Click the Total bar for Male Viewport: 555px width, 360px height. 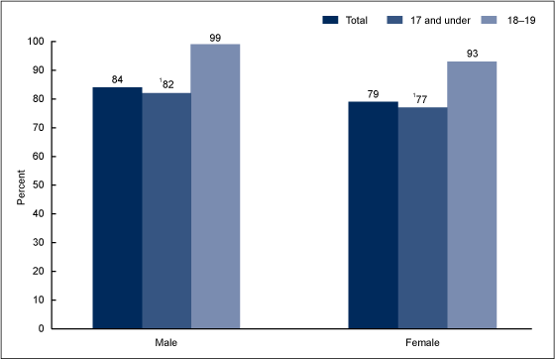point(117,207)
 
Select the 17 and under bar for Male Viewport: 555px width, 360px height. point(166,210)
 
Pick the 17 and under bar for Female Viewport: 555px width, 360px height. point(422,217)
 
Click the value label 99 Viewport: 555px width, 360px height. point(216,36)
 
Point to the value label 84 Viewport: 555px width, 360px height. point(117,79)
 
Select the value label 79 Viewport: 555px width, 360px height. point(373,93)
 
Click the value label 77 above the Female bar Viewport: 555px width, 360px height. point(423,99)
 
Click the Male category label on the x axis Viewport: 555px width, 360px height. point(166,341)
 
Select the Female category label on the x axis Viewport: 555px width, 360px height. point(422,341)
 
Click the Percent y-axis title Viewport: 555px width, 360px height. point(21,185)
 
